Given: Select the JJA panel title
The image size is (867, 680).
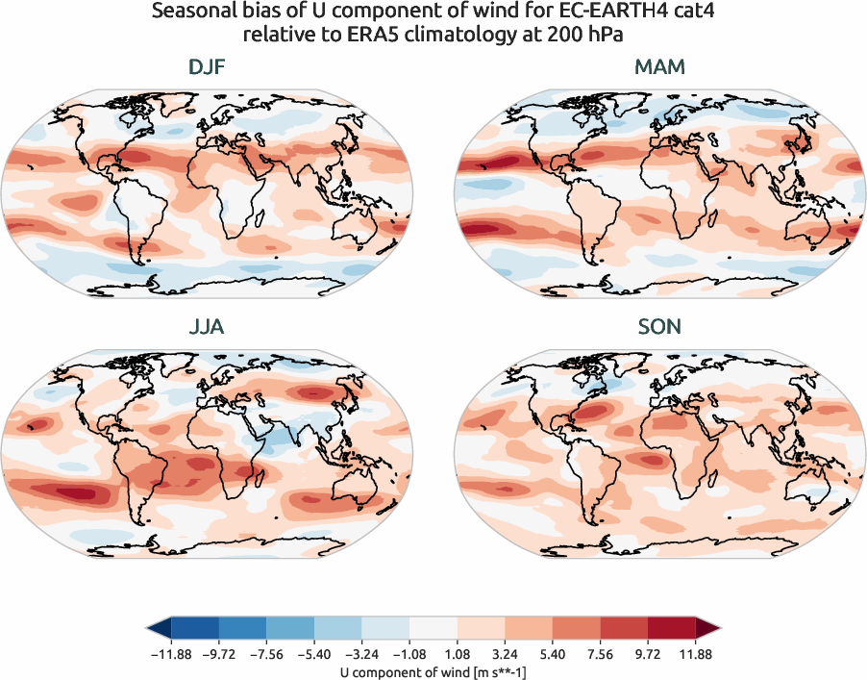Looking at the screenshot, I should pos(208,327).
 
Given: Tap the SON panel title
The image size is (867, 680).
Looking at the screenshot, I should pos(660,327).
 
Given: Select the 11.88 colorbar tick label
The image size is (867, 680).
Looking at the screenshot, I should pos(695,654).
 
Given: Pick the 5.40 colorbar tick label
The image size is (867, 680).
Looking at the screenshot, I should pos(552,654).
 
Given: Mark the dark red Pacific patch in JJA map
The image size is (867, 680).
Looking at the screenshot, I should pos(77,492).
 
